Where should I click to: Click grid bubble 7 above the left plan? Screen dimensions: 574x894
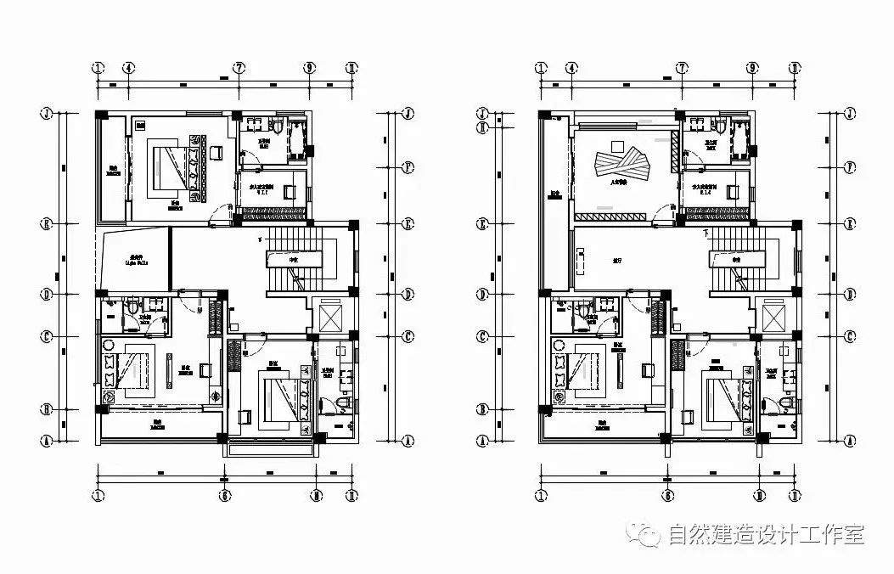(239, 67)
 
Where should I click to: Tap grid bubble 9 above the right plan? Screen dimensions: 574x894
(752, 67)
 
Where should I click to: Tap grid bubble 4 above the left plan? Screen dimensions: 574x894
(128, 67)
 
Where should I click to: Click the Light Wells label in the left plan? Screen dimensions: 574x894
(136, 261)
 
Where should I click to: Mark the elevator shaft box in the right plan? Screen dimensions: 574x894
(774, 318)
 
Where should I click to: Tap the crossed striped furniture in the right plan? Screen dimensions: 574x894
(624, 164)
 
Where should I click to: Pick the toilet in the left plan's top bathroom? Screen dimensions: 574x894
(277, 127)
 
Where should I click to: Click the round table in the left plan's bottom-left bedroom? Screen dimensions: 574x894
(108, 397)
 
